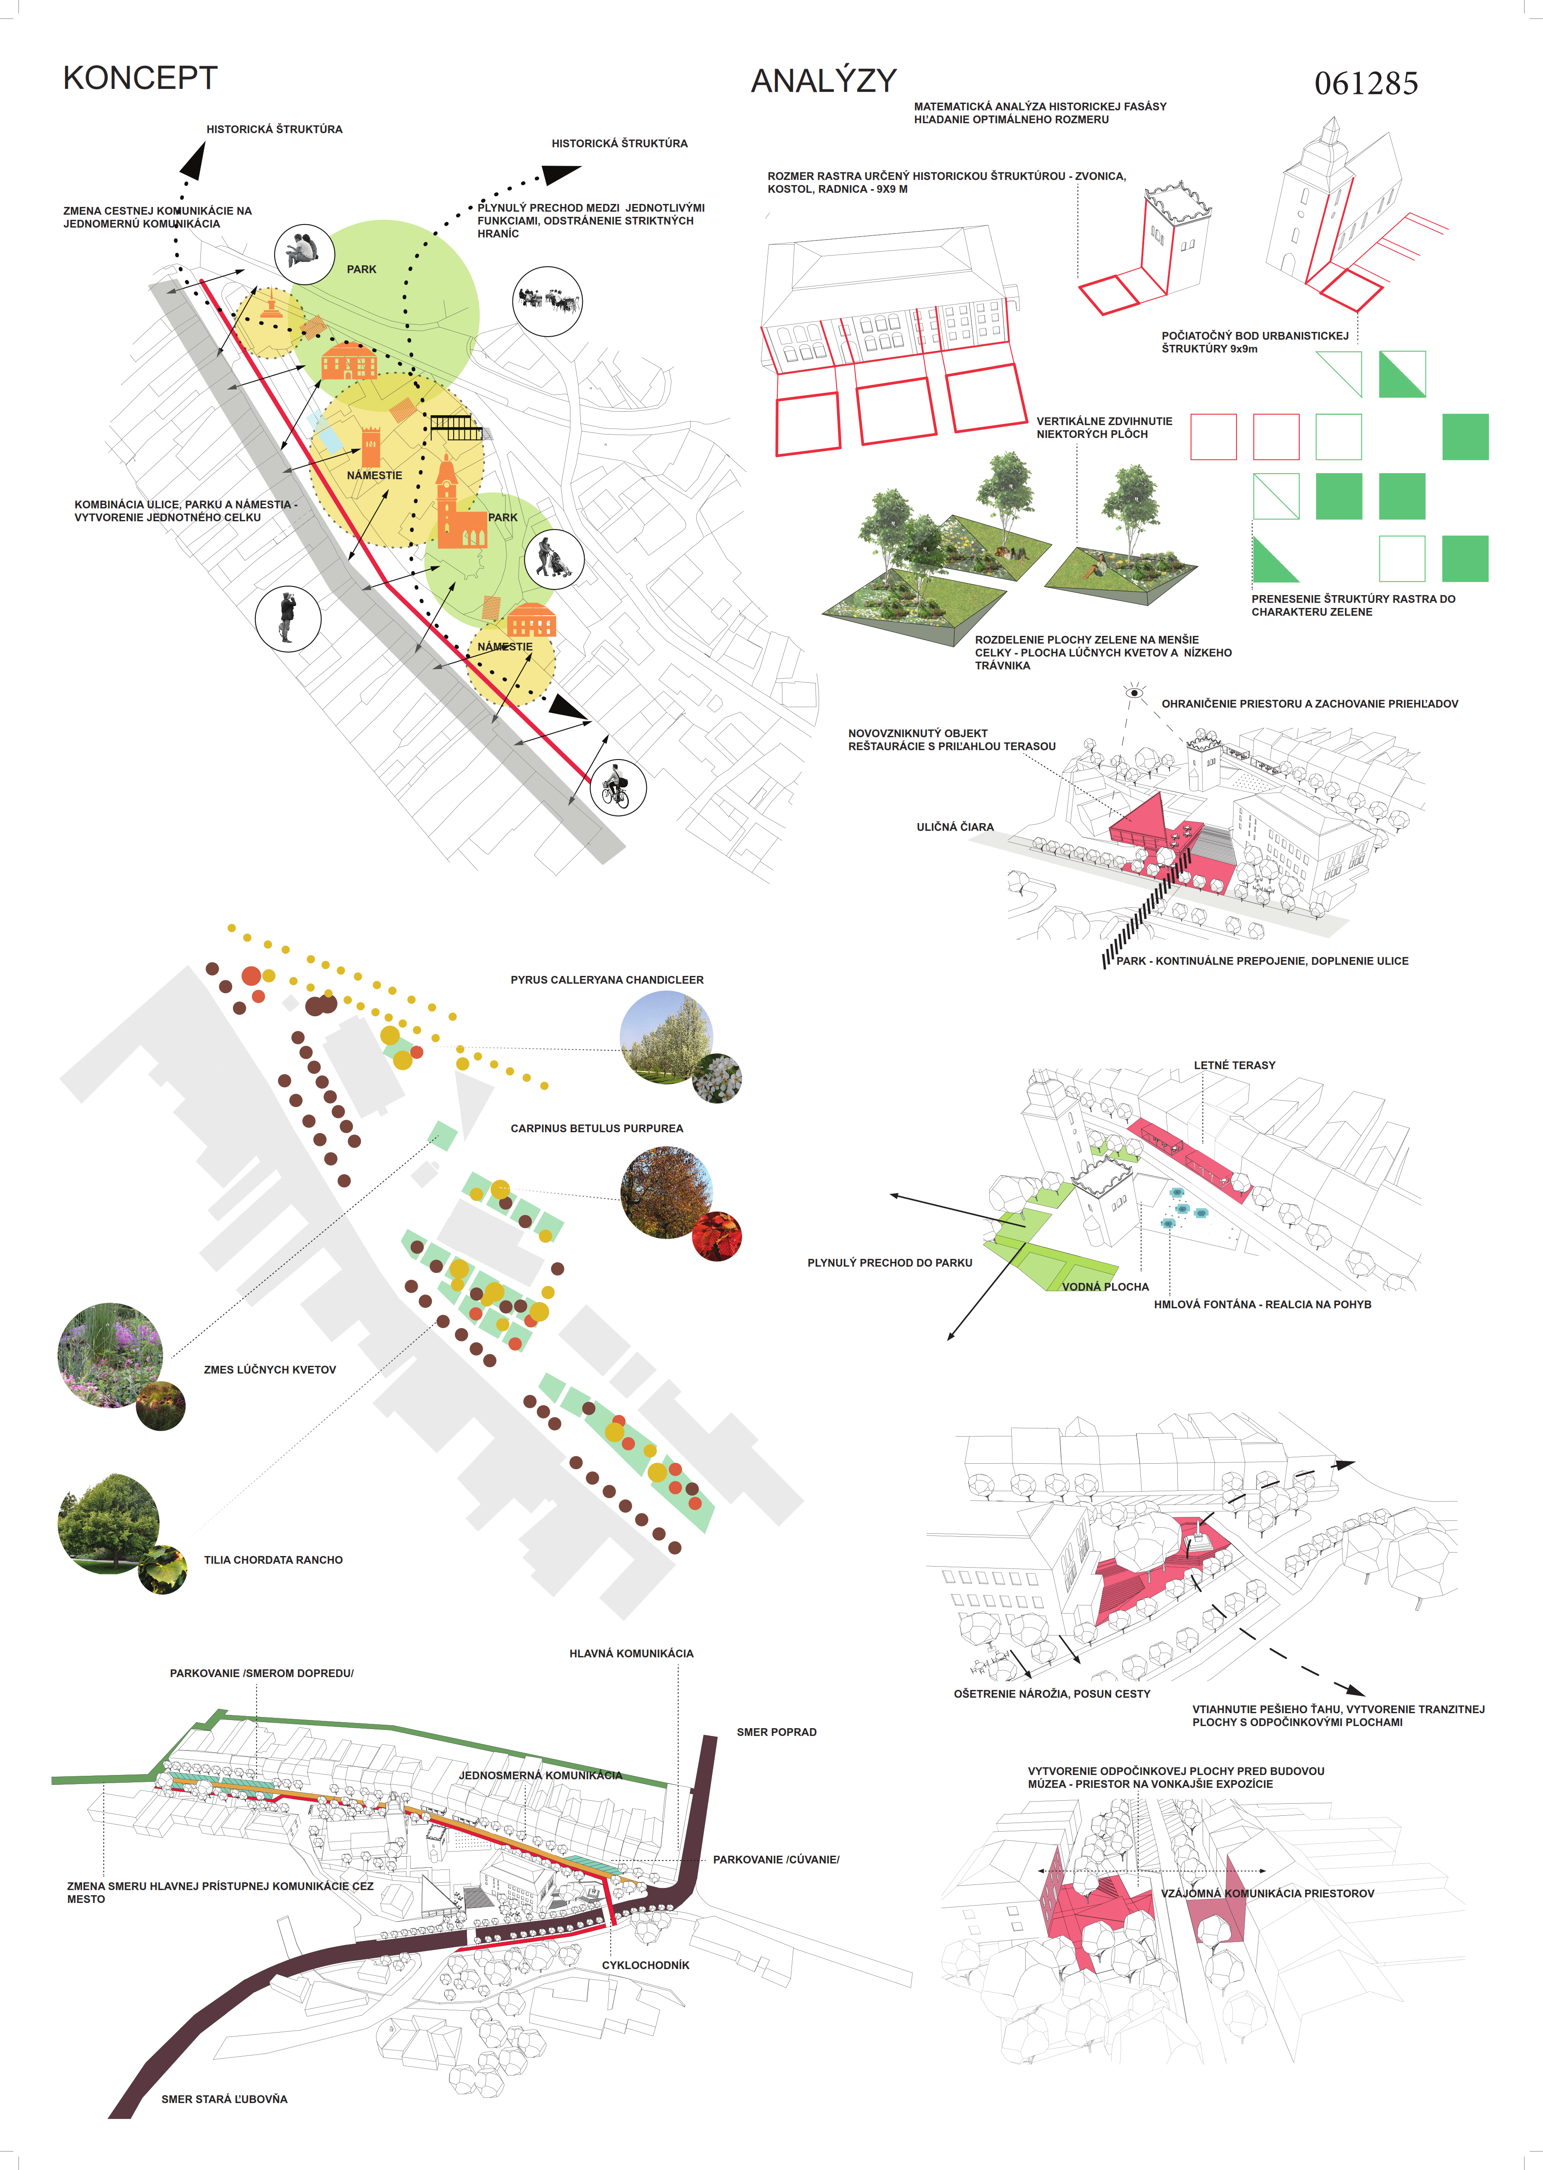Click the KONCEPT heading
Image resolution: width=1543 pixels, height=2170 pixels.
coord(141,78)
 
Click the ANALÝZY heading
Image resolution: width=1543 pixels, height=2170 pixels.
coord(824,81)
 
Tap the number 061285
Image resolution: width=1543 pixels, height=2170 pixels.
coord(1366,84)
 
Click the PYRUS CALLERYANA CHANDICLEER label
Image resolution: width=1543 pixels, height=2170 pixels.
coord(607,980)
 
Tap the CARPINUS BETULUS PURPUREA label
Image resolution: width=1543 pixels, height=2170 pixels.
coord(597,1128)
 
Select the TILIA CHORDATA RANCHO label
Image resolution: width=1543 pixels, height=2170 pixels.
coord(274,1560)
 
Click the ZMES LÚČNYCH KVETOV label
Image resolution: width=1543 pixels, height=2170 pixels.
coord(270,1370)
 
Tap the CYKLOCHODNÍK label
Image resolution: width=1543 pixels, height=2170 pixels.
coord(646,1965)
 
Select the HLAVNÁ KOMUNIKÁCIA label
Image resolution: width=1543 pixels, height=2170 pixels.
coord(632,1653)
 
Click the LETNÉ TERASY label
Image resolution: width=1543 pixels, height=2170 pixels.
coord(1234,1066)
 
